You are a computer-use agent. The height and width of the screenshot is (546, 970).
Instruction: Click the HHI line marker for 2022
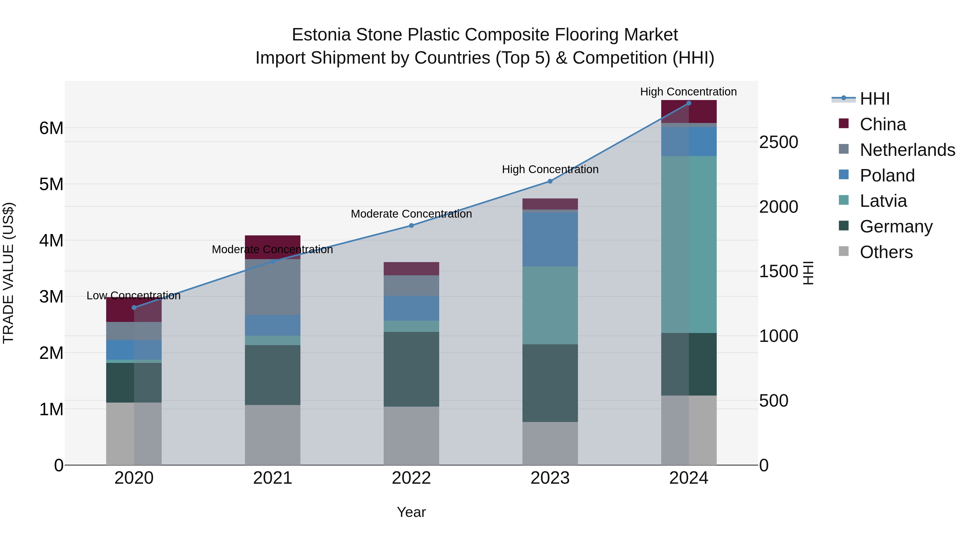(x=411, y=225)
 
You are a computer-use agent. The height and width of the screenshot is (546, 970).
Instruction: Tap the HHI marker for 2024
(x=689, y=103)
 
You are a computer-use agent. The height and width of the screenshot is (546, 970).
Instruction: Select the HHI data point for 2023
(x=550, y=181)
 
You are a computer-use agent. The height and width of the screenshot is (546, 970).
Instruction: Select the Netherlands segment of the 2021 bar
(x=273, y=287)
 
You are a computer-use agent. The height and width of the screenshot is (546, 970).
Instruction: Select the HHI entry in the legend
(x=874, y=99)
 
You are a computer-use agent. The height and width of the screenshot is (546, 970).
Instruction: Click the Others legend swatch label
(x=886, y=252)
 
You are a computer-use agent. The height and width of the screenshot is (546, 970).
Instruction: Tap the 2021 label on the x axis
(x=273, y=478)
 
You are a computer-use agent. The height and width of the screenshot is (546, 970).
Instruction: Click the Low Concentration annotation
(x=133, y=296)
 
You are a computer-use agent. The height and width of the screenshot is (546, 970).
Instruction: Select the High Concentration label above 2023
(x=550, y=170)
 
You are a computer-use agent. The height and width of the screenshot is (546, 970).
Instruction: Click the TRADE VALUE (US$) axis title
(x=8, y=273)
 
